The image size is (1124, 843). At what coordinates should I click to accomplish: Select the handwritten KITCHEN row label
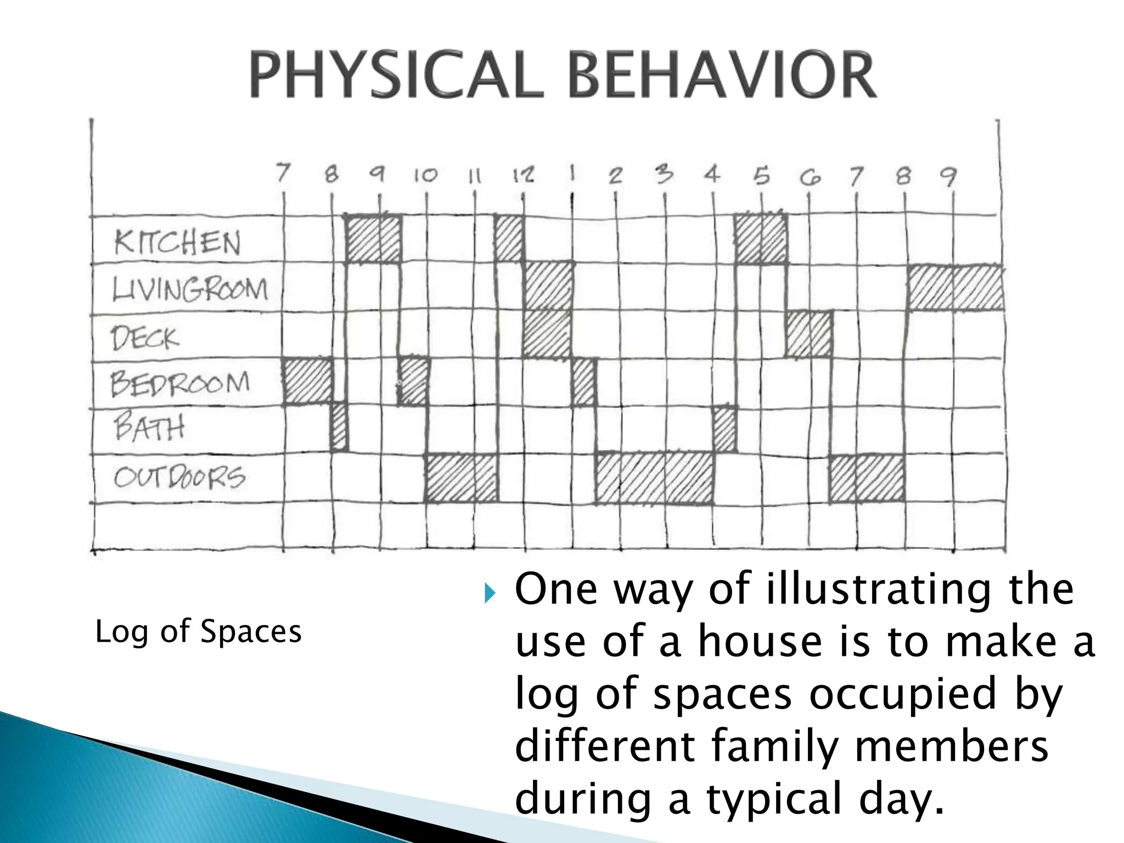(177, 242)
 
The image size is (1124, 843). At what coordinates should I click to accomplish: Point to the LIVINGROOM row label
(190, 289)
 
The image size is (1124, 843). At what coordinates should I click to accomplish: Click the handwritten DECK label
(145, 337)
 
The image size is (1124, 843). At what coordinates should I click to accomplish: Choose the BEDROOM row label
(180, 383)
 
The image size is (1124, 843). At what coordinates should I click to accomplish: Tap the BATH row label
(149, 428)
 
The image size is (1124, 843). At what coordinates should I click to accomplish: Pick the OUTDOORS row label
(179, 477)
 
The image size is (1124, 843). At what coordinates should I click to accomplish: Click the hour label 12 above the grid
(522, 175)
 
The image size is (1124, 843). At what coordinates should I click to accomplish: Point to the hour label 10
(425, 175)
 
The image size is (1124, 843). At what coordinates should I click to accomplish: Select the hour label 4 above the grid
(712, 175)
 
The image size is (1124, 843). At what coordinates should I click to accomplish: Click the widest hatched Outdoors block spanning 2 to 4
(654, 477)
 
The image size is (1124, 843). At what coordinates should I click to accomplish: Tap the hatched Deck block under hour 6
(808, 334)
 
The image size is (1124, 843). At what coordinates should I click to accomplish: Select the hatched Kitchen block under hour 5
(760, 239)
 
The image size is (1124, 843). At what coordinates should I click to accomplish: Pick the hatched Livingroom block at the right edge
(955, 287)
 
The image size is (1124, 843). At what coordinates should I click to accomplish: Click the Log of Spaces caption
(198, 631)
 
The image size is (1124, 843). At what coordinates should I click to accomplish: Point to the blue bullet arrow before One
(489, 593)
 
